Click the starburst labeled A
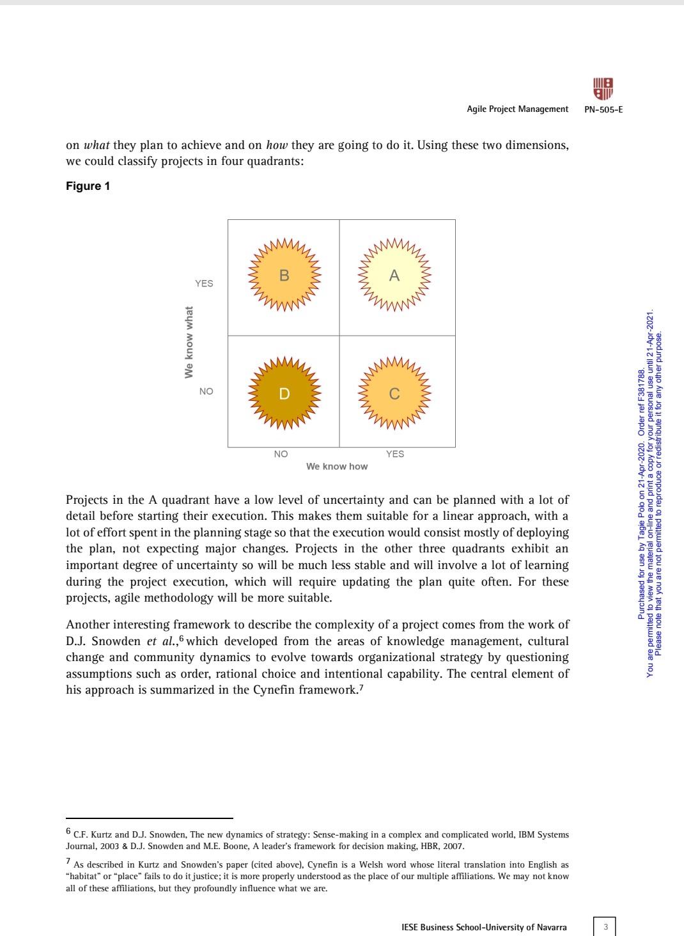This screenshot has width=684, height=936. pos(394,276)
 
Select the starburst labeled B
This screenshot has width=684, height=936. pos(284,276)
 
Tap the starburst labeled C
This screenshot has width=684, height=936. pos(394,394)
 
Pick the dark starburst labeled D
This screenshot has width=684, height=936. pos(284,393)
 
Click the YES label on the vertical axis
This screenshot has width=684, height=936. pos(204,283)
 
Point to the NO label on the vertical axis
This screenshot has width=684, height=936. pos(206,391)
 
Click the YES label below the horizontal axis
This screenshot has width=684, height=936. pos(395,454)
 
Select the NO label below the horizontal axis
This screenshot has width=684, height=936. pos(281,454)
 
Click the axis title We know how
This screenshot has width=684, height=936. pos(337,467)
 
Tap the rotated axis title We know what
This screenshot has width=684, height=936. pos(189,342)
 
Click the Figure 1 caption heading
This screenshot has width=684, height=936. pos(88,186)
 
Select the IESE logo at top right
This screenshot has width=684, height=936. pos(603,89)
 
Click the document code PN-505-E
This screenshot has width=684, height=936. pos(603,109)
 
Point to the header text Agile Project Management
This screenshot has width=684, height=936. pos(517,109)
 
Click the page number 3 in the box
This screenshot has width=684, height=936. pos(605,926)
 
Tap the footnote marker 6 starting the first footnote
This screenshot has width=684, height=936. pos(69,832)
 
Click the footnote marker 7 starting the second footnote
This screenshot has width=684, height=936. pos(69,862)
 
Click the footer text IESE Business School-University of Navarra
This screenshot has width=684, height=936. pos(484,927)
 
